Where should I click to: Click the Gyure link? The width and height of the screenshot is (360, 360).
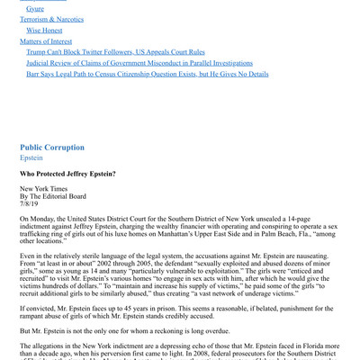coord(35,9)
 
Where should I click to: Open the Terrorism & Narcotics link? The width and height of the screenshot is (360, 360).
coord(54,19)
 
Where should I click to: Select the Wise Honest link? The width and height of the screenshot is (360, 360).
coord(44,30)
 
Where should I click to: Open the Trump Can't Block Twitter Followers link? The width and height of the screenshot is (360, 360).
coord(115,52)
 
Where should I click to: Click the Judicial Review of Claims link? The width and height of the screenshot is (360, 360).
coord(139,63)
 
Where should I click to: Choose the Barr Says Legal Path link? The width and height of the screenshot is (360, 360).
coord(147,74)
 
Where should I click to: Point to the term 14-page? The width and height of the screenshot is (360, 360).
coord(307,219)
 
